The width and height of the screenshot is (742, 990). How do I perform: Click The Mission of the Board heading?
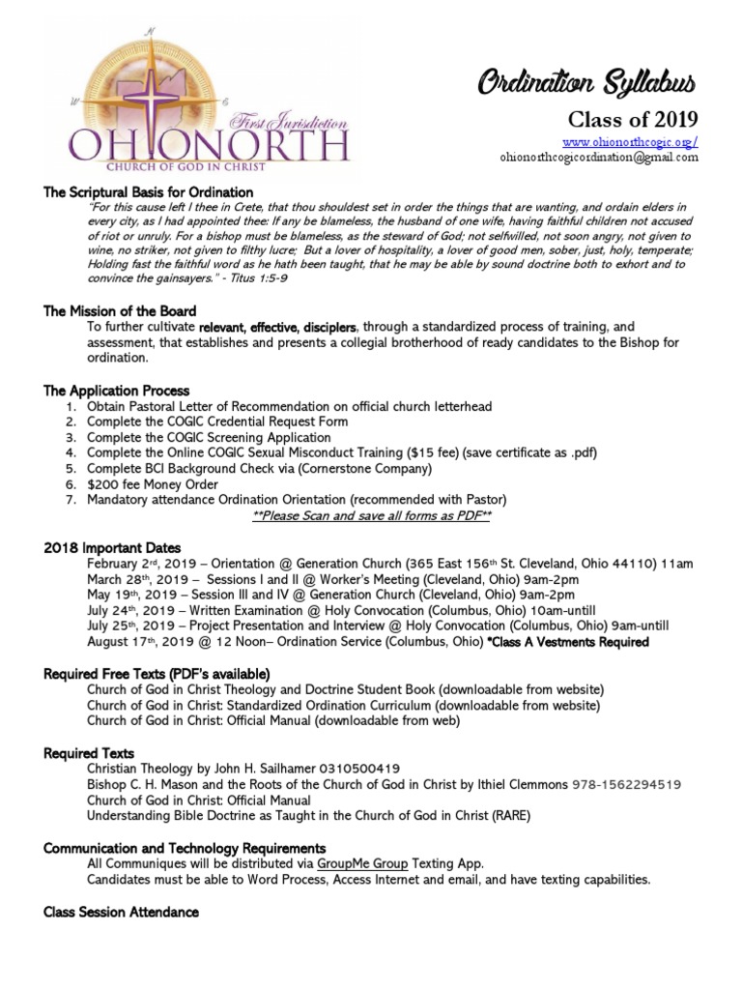click(x=120, y=311)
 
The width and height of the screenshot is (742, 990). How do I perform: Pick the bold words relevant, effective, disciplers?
click(x=278, y=327)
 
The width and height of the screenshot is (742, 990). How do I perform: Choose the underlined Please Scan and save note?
click(x=371, y=516)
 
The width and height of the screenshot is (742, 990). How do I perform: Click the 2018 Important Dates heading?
click(x=112, y=547)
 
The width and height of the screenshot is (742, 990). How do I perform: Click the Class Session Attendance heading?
click(x=122, y=912)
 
